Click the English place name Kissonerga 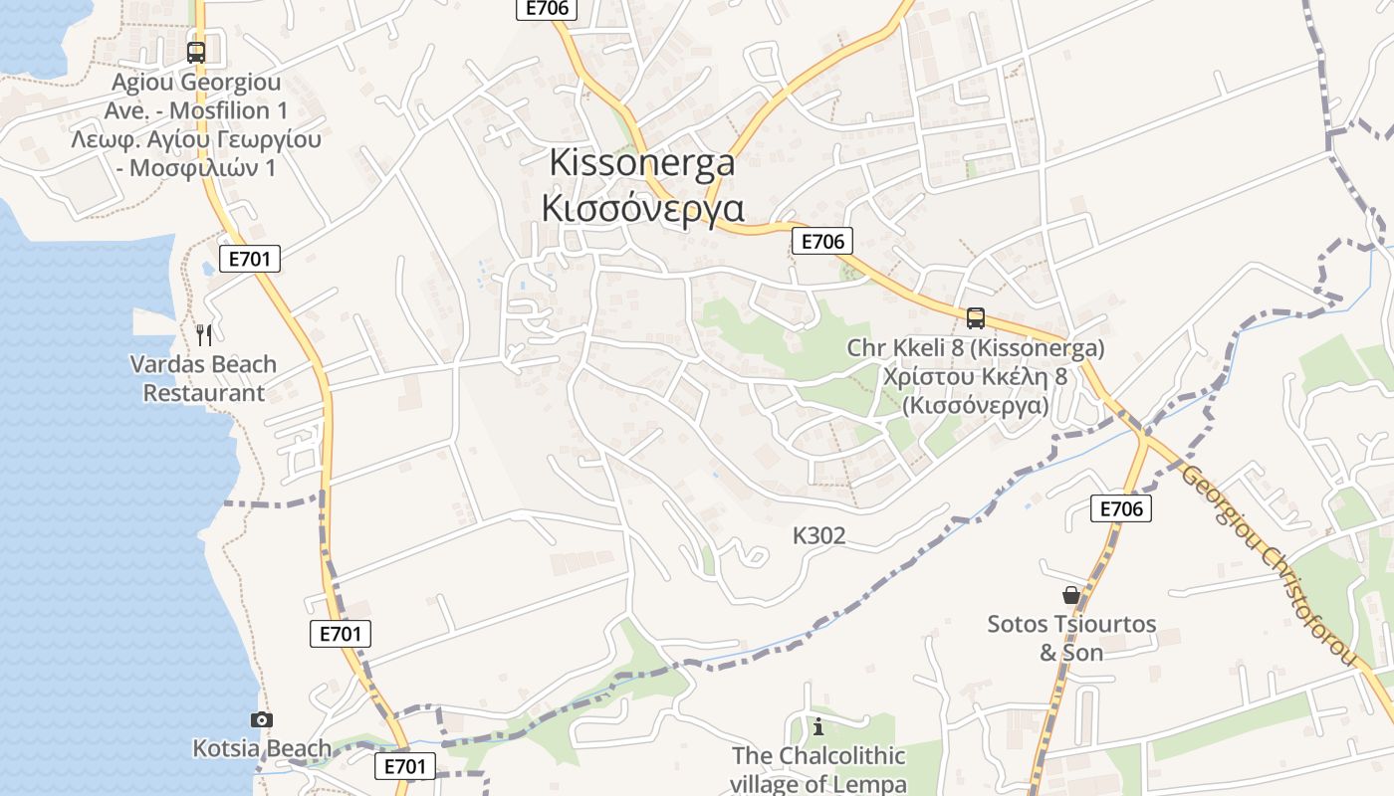click(642, 162)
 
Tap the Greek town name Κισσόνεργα click(642, 208)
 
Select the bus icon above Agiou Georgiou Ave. click(196, 52)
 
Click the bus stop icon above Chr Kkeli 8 click(976, 318)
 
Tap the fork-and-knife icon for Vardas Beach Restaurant click(204, 333)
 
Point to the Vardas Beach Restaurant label click(203, 379)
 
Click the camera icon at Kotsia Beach click(261, 719)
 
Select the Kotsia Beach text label click(262, 748)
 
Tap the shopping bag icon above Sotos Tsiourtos click(1071, 595)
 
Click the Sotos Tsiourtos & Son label click(1071, 638)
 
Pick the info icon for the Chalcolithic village click(818, 726)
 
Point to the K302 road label click(818, 536)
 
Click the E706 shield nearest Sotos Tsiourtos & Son click(1120, 508)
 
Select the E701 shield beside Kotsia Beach click(405, 766)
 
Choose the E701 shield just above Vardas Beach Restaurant click(249, 259)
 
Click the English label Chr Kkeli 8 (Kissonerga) click(976, 349)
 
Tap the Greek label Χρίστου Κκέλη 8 click(976, 377)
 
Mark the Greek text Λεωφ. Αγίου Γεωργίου click(196, 139)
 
